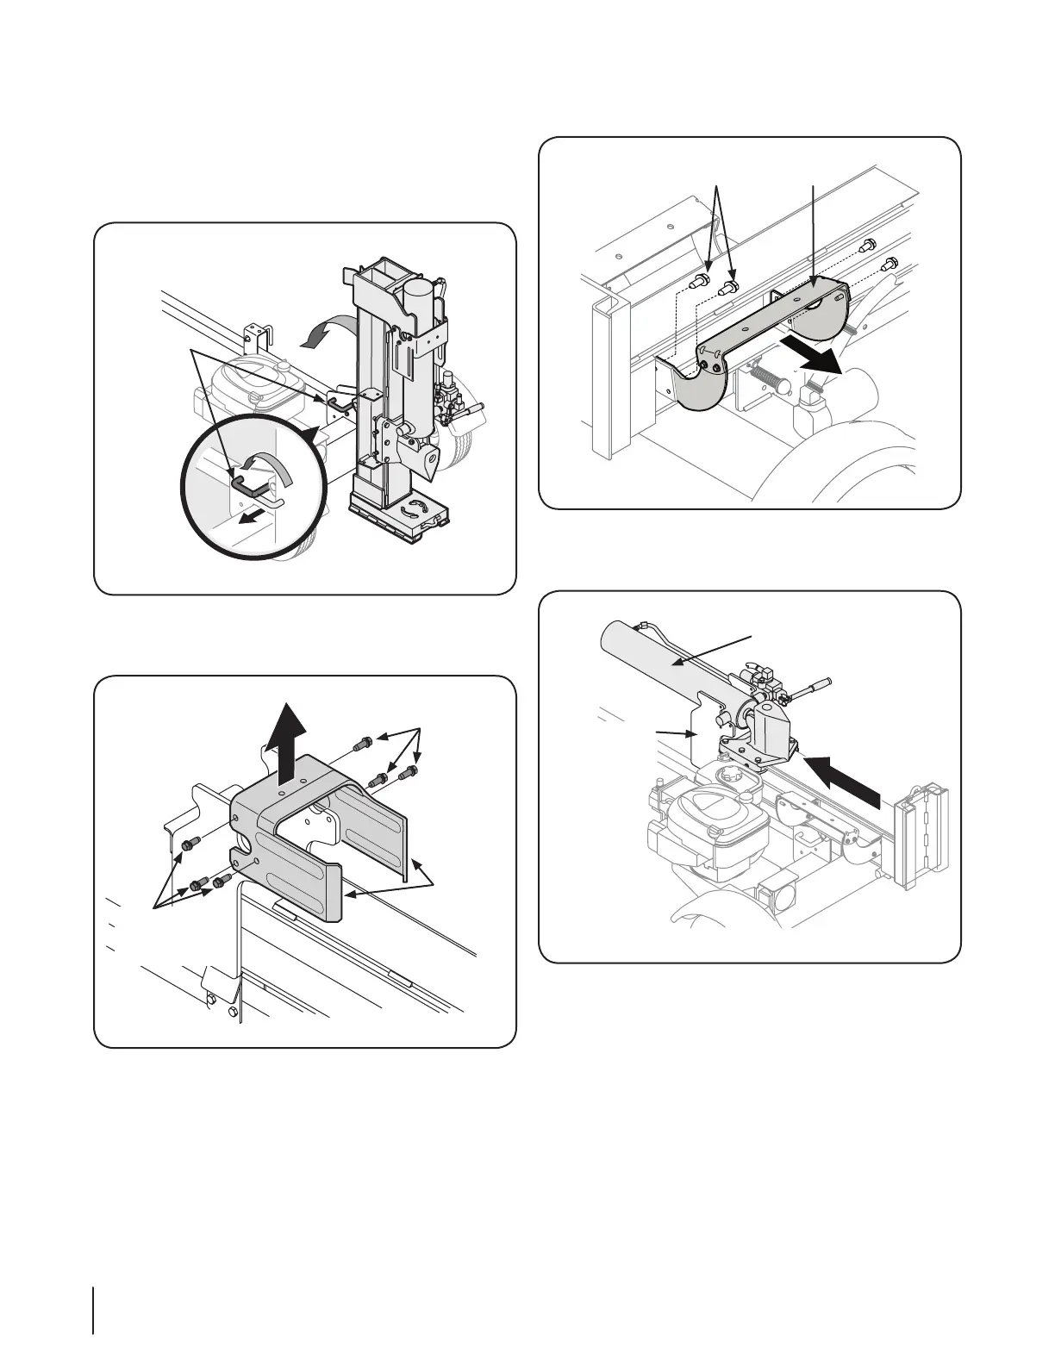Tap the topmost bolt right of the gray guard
(x=364, y=739)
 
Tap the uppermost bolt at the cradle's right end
(x=869, y=243)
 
